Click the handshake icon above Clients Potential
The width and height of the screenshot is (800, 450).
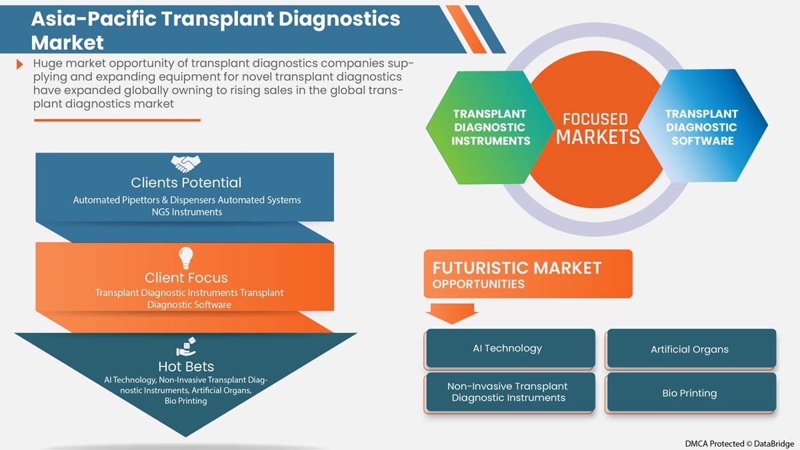[x=185, y=163]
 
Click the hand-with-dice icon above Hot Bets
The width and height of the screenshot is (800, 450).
[x=185, y=347]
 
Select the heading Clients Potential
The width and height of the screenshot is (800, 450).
[x=186, y=183]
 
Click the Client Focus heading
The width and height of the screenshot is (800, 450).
[x=186, y=277]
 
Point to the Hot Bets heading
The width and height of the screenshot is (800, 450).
[x=186, y=366]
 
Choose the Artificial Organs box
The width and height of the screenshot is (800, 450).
[x=690, y=349]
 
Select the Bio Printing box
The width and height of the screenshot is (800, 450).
[x=690, y=393]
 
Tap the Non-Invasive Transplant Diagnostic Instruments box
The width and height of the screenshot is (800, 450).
[x=509, y=392]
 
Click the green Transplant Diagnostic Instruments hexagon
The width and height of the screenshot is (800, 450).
[x=490, y=127]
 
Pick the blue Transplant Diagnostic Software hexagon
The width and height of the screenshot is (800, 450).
[x=701, y=127]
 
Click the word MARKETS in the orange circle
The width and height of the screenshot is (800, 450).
[x=598, y=137]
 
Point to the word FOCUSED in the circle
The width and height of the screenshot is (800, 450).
[x=595, y=119]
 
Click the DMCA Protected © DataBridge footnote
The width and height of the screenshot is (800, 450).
[x=739, y=443]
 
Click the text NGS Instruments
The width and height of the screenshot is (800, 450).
[x=186, y=211]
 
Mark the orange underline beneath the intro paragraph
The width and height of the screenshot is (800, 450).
[x=117, y=120]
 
